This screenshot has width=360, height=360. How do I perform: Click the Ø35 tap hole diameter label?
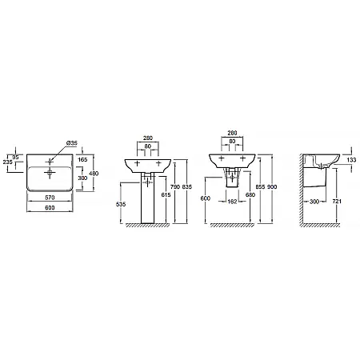click(72, 143)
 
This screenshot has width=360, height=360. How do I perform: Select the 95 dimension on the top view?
click(15, 158)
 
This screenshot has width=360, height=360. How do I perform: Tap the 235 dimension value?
click(8, 162)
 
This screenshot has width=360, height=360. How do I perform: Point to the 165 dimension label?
click(82, 159)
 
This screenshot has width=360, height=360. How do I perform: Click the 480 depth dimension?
click(94, 174)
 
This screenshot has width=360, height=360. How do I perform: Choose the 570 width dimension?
click(50, 198)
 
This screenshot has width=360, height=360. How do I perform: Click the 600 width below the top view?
click(50, 207)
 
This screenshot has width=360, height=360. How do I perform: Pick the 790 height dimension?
click(175, 187)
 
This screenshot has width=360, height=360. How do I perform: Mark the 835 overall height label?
click(186, 187)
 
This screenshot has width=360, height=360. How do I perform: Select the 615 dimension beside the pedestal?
click(166, 195)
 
